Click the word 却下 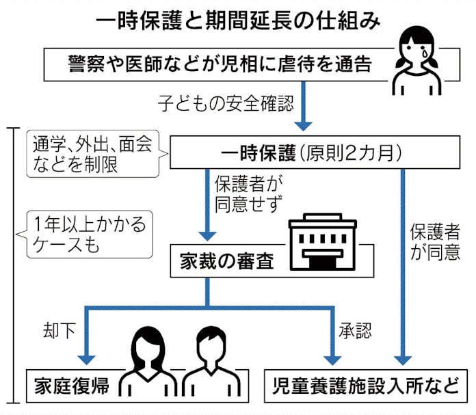(x=57, y=331)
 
